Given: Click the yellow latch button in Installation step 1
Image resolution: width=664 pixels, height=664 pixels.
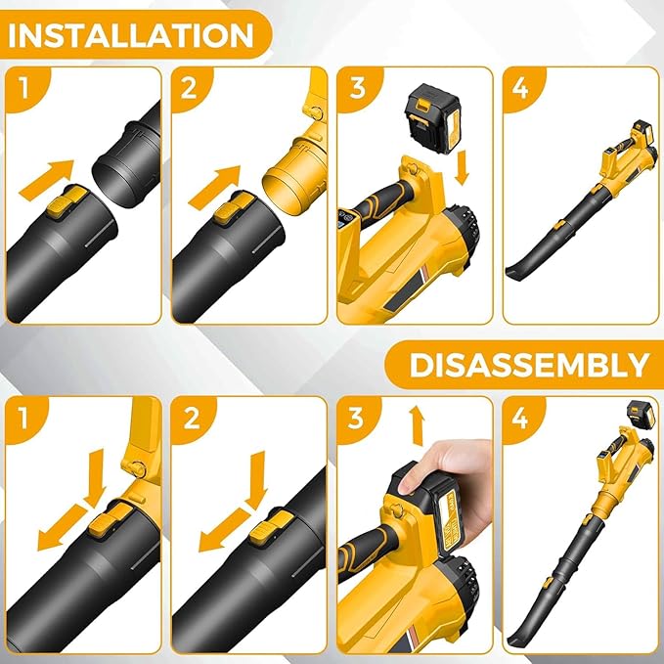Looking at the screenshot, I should click(x=65, y=205).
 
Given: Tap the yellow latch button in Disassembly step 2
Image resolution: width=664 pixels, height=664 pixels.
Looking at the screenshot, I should click(x=264, y=530).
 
